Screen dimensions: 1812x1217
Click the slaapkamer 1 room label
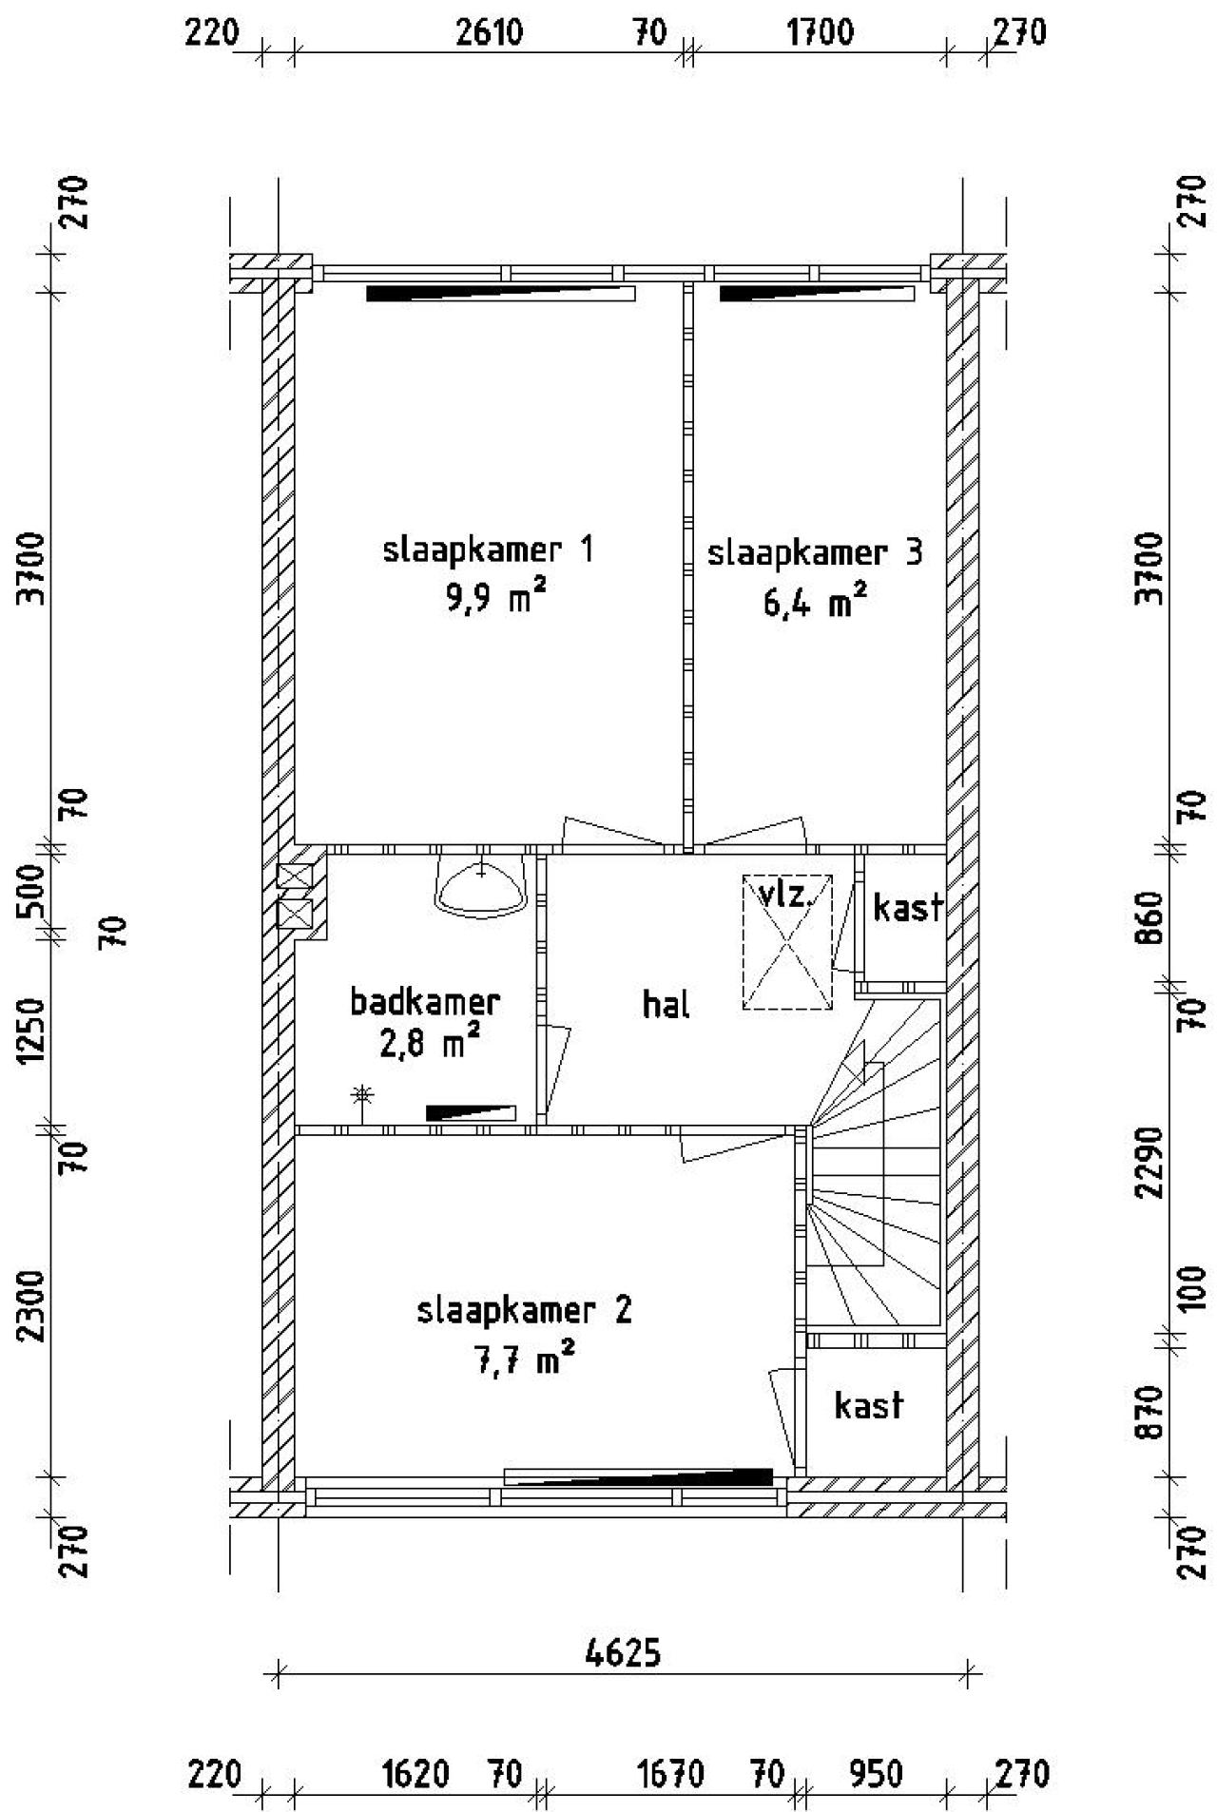(489, 550)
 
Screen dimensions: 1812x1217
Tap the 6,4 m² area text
(815, 602)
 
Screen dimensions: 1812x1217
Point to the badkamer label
(425, 1001)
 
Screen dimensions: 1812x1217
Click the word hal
(666, 1004)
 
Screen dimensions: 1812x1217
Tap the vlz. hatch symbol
(787, 943)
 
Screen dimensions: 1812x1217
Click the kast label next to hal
(907, 907)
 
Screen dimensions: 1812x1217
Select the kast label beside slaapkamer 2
(868, 1405)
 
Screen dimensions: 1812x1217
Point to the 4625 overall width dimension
(623, 1653)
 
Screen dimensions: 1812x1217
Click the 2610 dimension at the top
(489, 33)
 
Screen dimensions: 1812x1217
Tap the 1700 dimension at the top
(821, 33)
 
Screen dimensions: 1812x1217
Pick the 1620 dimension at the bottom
(415, 1774)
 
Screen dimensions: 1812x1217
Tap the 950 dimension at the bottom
(875, 1774)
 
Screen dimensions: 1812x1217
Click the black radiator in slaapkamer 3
(816, 294)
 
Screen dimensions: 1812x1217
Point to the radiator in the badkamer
(471, 1112)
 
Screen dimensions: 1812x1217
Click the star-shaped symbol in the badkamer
(361, 1095)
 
